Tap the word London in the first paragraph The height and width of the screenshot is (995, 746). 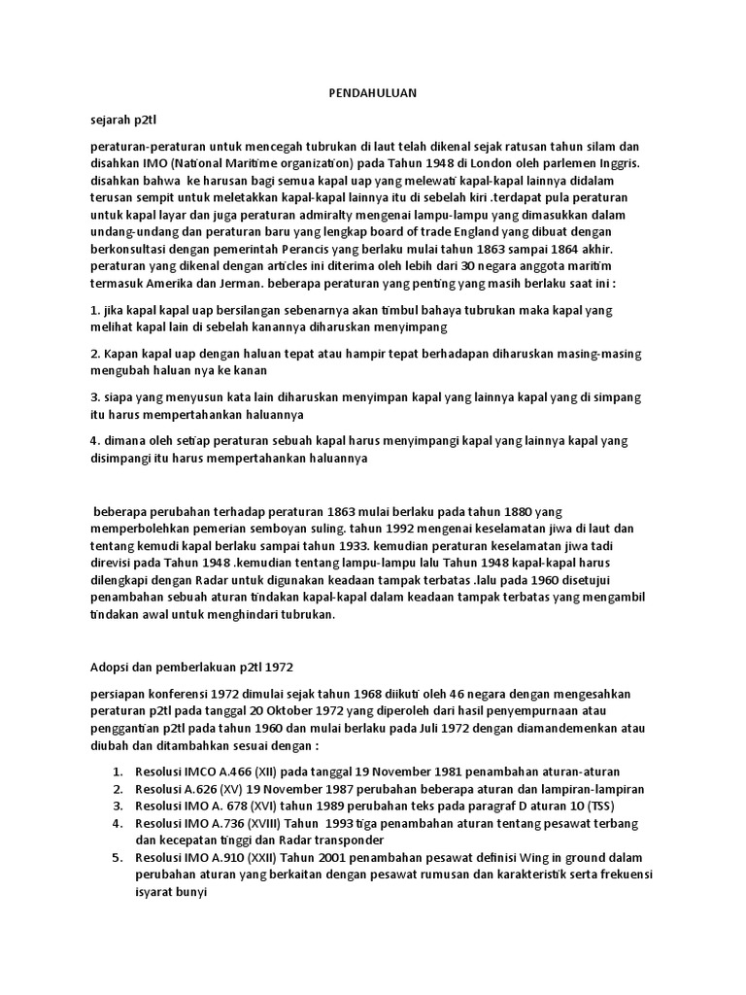[x=460, y=163]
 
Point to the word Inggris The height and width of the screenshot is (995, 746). [x=618, y=163]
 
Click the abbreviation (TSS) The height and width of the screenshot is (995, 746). [x=598, y=806]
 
